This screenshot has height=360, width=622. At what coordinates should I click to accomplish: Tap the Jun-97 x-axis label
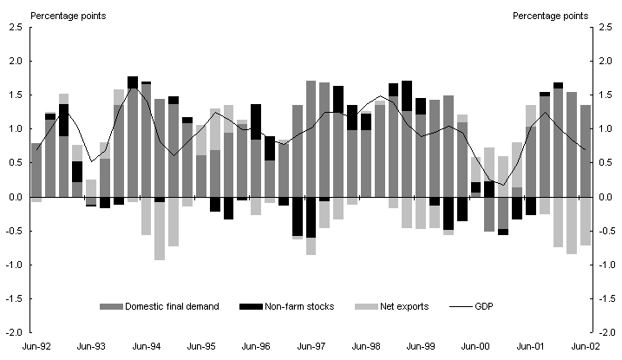tap(311, 345)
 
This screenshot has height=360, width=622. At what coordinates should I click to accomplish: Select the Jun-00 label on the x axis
tap(478, 345)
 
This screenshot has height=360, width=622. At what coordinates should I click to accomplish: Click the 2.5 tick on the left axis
tap(15, 28)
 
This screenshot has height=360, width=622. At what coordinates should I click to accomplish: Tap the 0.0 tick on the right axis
tap(606, 197)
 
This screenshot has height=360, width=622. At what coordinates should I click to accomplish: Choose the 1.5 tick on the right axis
tap(606, 95)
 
